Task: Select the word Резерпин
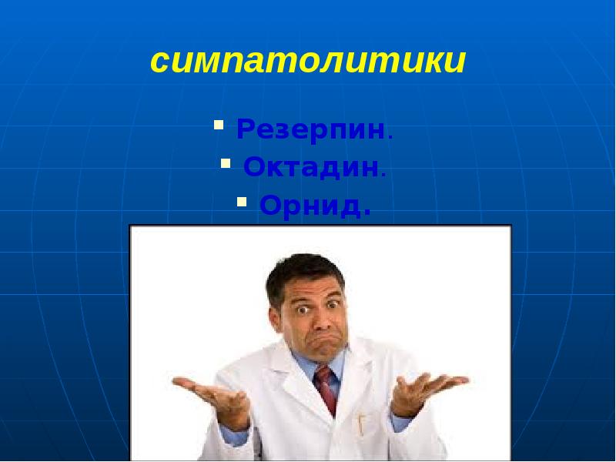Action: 310,129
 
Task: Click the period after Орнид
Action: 367,213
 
